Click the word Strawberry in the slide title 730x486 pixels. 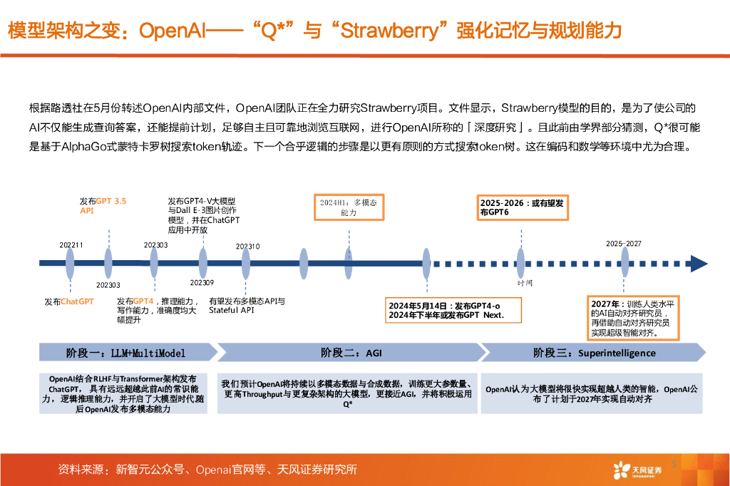click(x=390, y=31)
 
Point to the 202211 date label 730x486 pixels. click(x=71, y=245)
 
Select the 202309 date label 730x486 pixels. click(x=202, y=283)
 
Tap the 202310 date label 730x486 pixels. click(x=248, y=246)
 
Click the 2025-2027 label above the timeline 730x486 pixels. click(x=624, y=244)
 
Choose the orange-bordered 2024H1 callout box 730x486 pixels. click(x=349, y=207)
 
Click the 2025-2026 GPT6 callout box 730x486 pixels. click(x=523, y=207)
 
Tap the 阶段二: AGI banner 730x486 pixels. click(x=349, y=353)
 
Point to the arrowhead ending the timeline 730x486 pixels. click(x=698, y=264)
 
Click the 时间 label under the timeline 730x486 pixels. click(x=525, y=282)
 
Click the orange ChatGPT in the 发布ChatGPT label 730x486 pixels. click(x=77, y=301)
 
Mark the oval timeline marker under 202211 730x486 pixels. click(x=70, y=264)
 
